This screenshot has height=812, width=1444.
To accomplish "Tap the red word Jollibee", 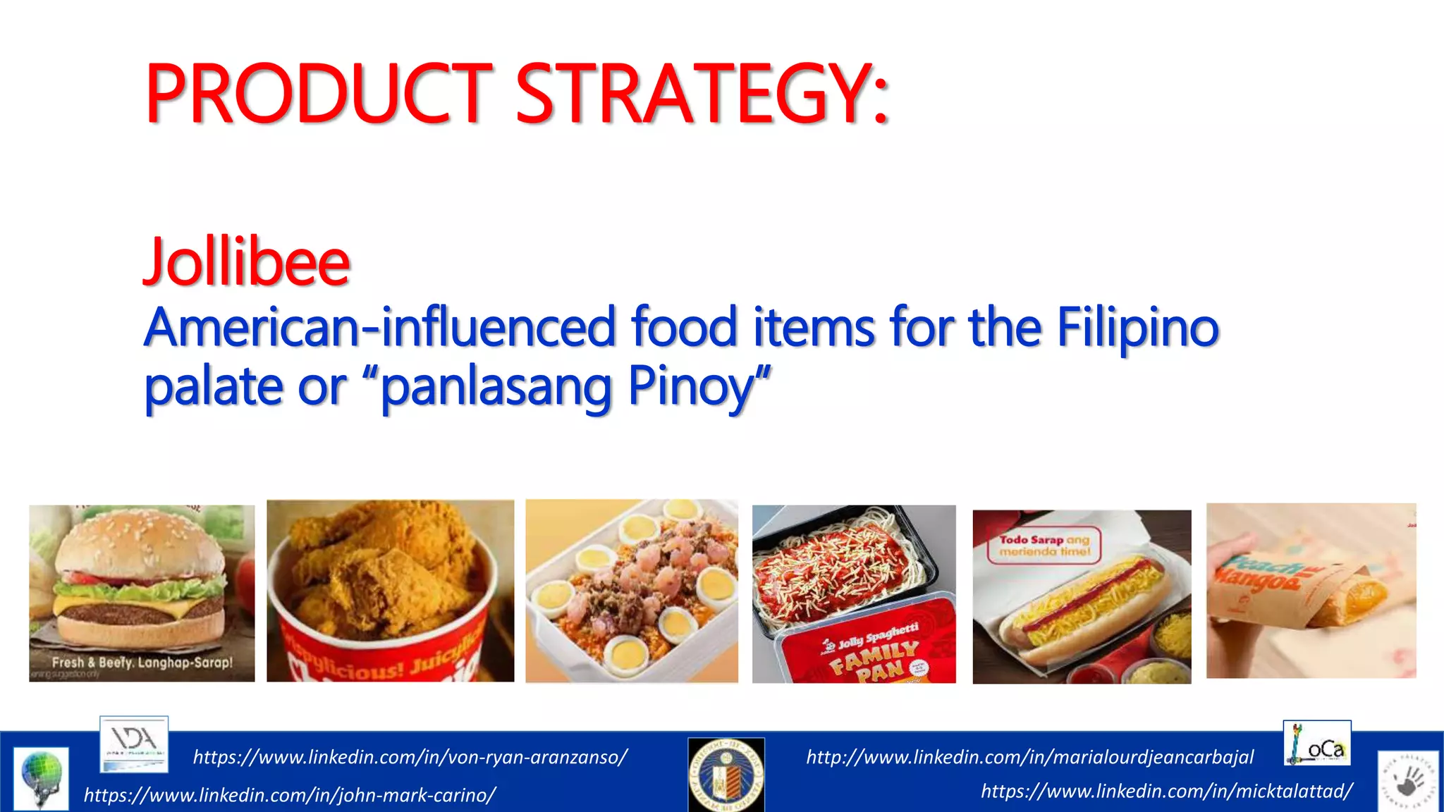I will (x=247, y=262).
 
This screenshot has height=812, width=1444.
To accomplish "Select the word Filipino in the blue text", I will (x=1137, y=327).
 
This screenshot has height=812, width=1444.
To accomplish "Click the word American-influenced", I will (x=381, y=327).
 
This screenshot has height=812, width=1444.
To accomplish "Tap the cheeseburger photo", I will (x=142, y=593).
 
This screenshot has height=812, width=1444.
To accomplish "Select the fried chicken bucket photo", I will (x=390, y=591).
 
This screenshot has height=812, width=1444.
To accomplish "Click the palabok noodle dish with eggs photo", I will (x=632, y=591).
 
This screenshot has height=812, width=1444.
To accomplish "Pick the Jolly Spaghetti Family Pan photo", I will (x=854, y=593).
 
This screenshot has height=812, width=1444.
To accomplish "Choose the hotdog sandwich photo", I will (x=1082, y=596).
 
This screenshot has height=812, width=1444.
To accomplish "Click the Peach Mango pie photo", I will (x=1311, y=591).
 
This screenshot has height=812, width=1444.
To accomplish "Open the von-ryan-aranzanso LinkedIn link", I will (x=410, y=757).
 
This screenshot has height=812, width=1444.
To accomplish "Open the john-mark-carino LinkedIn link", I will (x=289, y=795).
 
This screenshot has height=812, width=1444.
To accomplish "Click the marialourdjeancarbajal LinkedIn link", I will (x=1029, y=757).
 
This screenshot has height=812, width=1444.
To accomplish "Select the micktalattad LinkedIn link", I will (x=1166, y=791).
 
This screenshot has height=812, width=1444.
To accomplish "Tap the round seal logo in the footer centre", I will (x=726, y=774).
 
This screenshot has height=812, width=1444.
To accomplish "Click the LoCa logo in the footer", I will (x=1316, y=743).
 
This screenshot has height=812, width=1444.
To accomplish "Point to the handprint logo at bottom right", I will (x=1407, y=780).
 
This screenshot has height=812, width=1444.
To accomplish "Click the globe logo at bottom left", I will (x=42, y=777).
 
